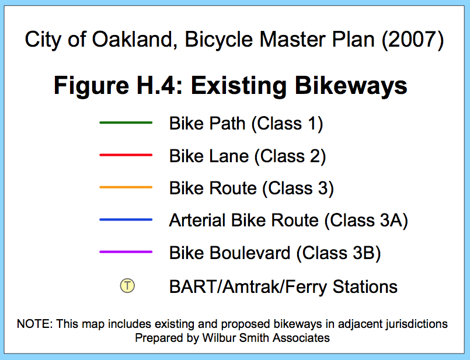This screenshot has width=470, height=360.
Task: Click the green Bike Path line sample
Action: pyautogui.click(x=126, y=123)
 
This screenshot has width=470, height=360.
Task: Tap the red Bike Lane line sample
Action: pyautogui.click(x=126, y=155)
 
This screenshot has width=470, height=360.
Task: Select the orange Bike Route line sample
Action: pyautogui.click(x=126, y=187)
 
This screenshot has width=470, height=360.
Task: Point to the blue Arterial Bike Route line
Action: pyautogui.click(x=126, y=219)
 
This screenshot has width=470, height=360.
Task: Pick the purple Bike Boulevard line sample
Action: pyautogui.click(x=126, y=252)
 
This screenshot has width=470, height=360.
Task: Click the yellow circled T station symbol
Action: pyautogui.click(x=127, y=285)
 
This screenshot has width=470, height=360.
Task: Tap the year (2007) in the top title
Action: pyautogui.click(x=412, y=40)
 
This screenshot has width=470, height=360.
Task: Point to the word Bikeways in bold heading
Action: pyautogui.click(x=351, y=86)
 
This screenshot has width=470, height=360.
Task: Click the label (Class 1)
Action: pyautogui.click(x=287, y=124)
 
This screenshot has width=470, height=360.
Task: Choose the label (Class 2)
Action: pyautogui.click(x=290, y=156)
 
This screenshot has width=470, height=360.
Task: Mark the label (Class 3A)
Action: pyautogui.click(x=366, y=221)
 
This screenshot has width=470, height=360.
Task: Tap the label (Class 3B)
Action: pyautogui.click(x=339, y=253)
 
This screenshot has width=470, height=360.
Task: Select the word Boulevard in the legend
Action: pyautogui.click(x=250, y=253)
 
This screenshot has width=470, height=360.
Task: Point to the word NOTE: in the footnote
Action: pyautogui.click(x=35, y=324)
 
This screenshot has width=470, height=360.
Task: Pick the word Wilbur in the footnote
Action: pyautogui.click(x=217, y=338)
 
